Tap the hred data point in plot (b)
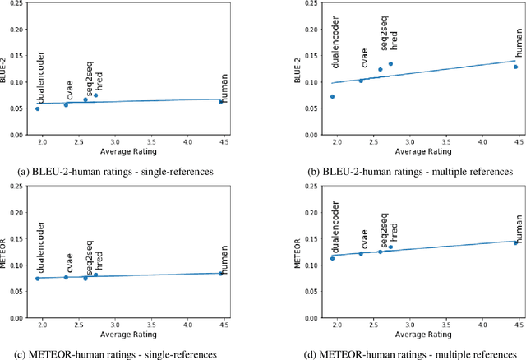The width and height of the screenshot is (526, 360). [x=390, y=64]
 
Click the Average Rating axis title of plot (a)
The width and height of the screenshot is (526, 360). [x=130, y=152]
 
